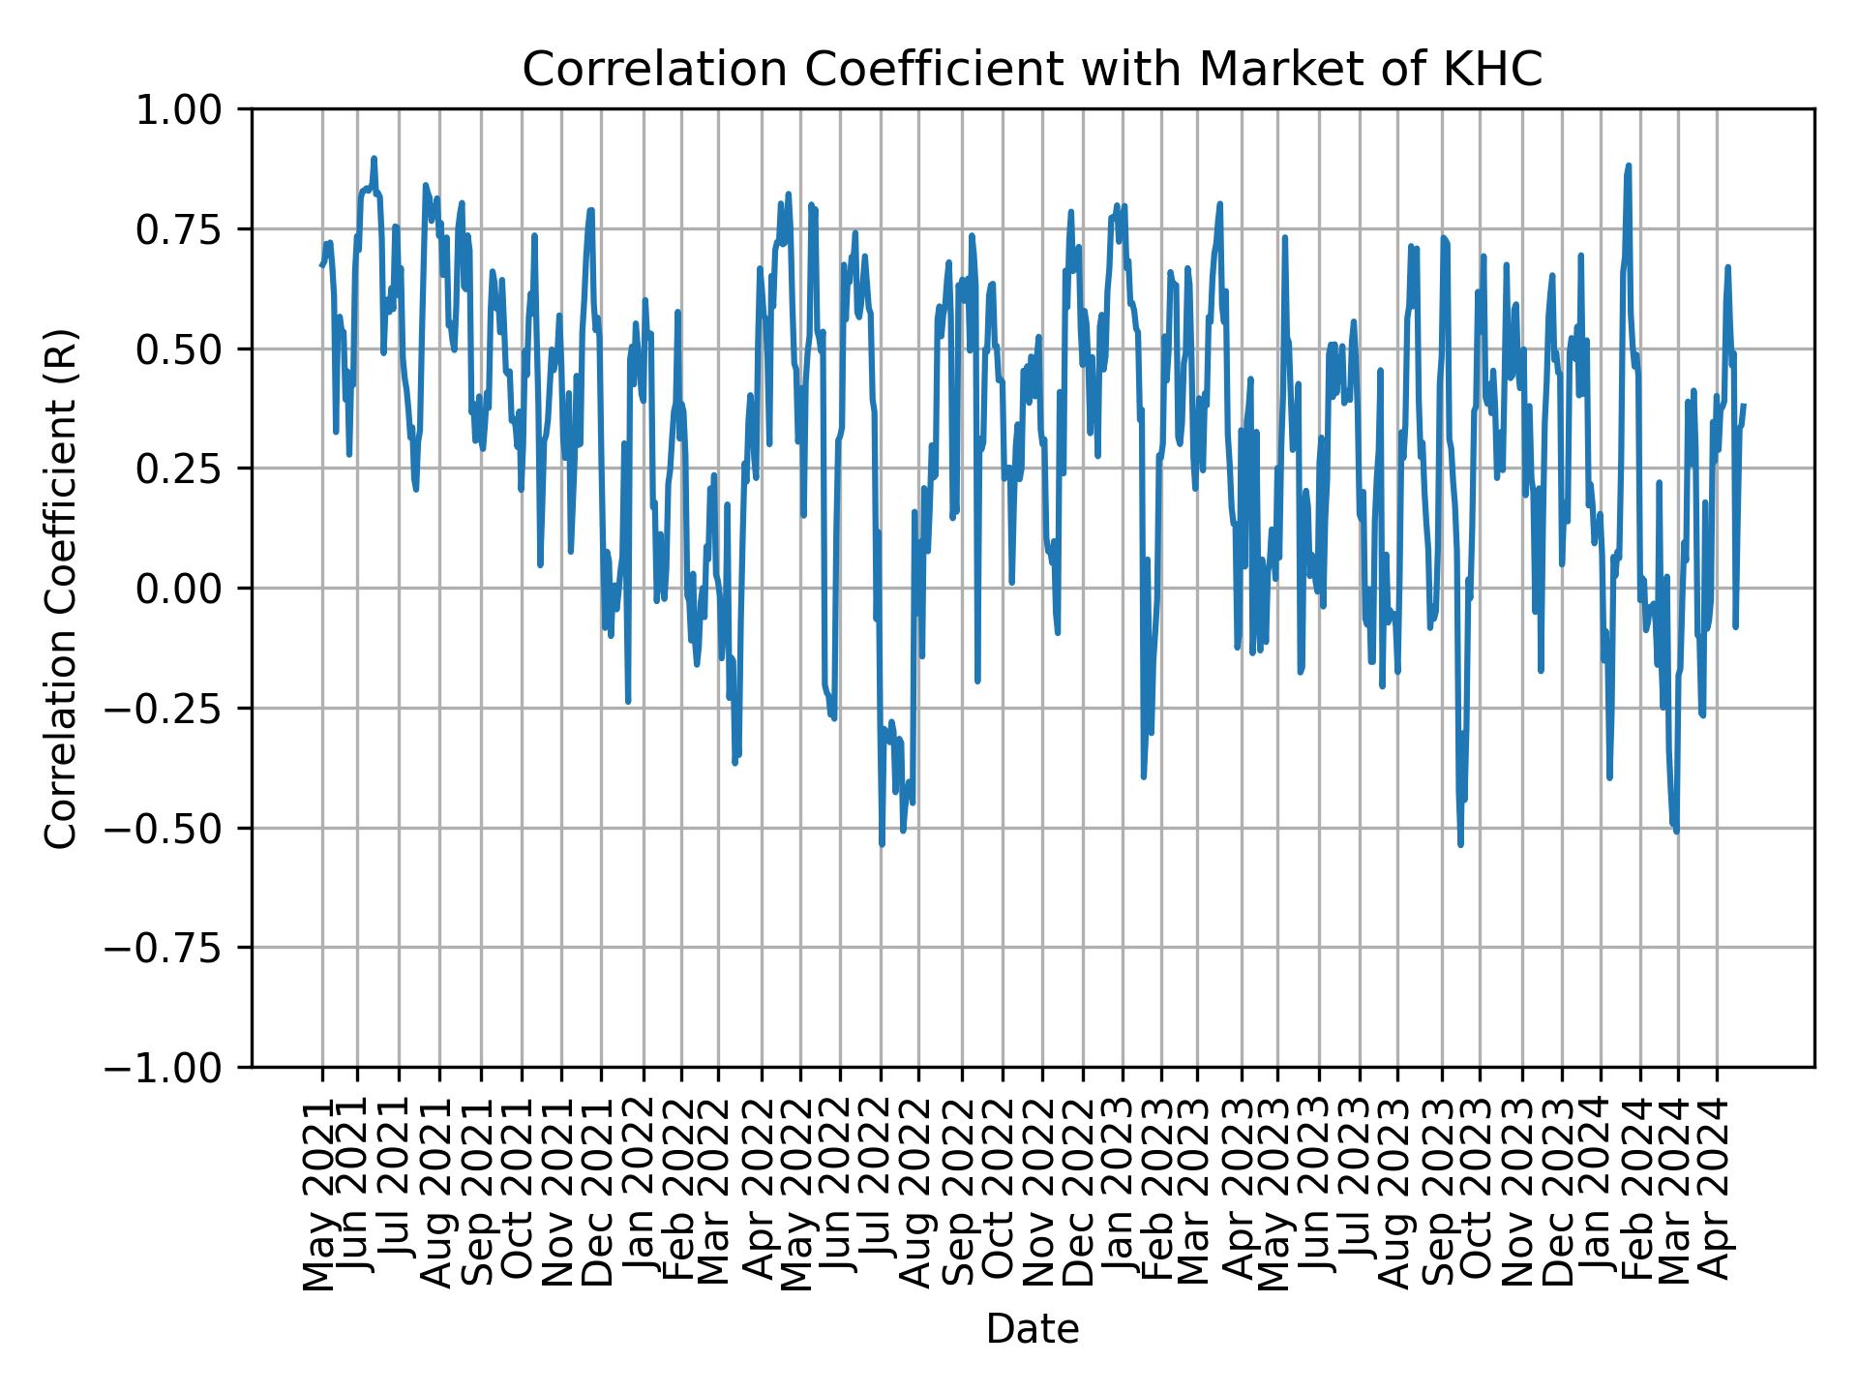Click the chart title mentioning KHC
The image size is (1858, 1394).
[1032, 70]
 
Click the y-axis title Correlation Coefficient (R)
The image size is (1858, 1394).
[61, 588]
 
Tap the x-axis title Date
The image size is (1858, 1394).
[1032, 1330]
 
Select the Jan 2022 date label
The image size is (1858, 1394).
[641, 1196]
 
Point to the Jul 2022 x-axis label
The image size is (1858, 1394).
[880, 1196]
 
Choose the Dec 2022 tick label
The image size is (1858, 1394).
[1081, 1196]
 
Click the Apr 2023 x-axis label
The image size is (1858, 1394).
[1241, 1196]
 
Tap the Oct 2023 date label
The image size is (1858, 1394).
[1478, 1196]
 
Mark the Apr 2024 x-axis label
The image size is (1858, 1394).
[1717, 1196]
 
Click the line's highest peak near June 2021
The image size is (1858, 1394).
[374, 159]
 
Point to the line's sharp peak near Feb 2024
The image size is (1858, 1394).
[1629, 166]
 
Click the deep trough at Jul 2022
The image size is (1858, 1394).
[882, 843]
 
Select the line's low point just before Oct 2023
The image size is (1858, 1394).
[1460, 844]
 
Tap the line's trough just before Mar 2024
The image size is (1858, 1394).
[1676, 831]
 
